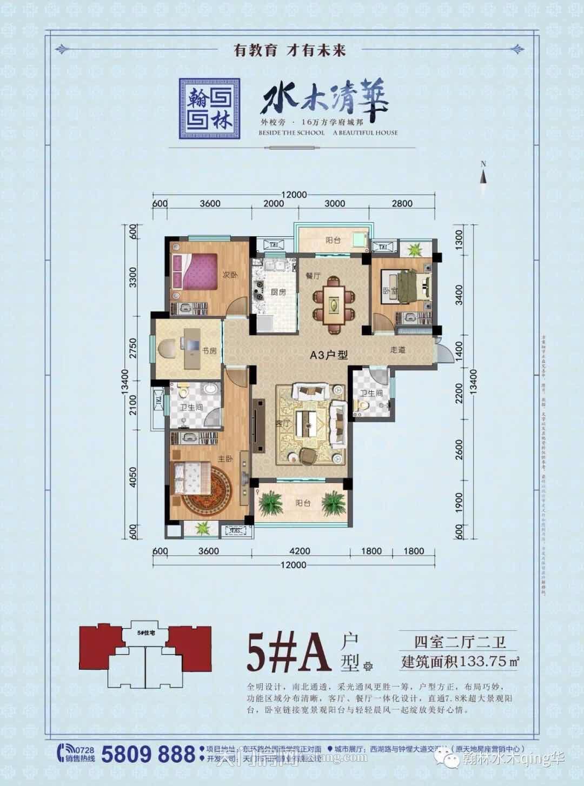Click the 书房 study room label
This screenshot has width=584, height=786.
(209, 351)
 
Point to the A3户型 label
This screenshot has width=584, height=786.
(328, 355)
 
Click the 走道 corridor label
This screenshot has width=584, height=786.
(397, 350)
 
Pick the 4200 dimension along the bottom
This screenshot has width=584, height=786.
(300, 551)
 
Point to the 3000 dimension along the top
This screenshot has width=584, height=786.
(335, 204)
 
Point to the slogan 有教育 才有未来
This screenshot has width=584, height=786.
(289, 50)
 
